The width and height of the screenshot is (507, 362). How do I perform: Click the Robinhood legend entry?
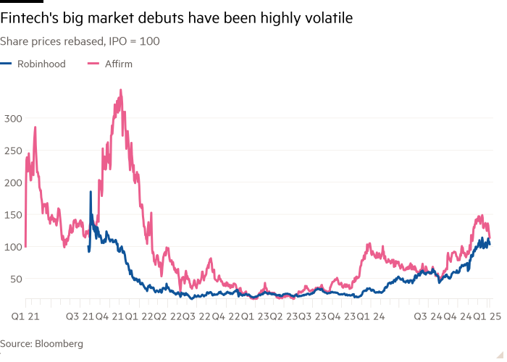pos(41,64)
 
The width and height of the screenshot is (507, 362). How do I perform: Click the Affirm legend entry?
pos(119,64)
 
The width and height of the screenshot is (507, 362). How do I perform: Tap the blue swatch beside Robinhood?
pos(7,64)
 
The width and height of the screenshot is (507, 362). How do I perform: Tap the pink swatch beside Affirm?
pos(93,64)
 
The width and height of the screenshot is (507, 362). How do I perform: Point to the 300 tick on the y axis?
pos(13,118)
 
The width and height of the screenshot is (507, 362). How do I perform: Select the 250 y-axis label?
pos(13,150)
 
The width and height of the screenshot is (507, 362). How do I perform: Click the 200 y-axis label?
pos(13,182)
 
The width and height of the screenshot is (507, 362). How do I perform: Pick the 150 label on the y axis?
pos(13,214)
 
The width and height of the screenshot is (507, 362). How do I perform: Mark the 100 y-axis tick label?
pos(13,246)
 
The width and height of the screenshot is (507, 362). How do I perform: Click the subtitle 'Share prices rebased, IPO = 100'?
pos(80,41)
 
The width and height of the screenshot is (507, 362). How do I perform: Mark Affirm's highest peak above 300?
pos(120,90)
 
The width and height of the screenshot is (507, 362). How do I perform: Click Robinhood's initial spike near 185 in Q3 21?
pos(91,192)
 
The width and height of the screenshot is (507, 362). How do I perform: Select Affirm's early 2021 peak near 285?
pos(35,128)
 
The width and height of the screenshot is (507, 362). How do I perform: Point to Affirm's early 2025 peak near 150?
pos(479,215)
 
